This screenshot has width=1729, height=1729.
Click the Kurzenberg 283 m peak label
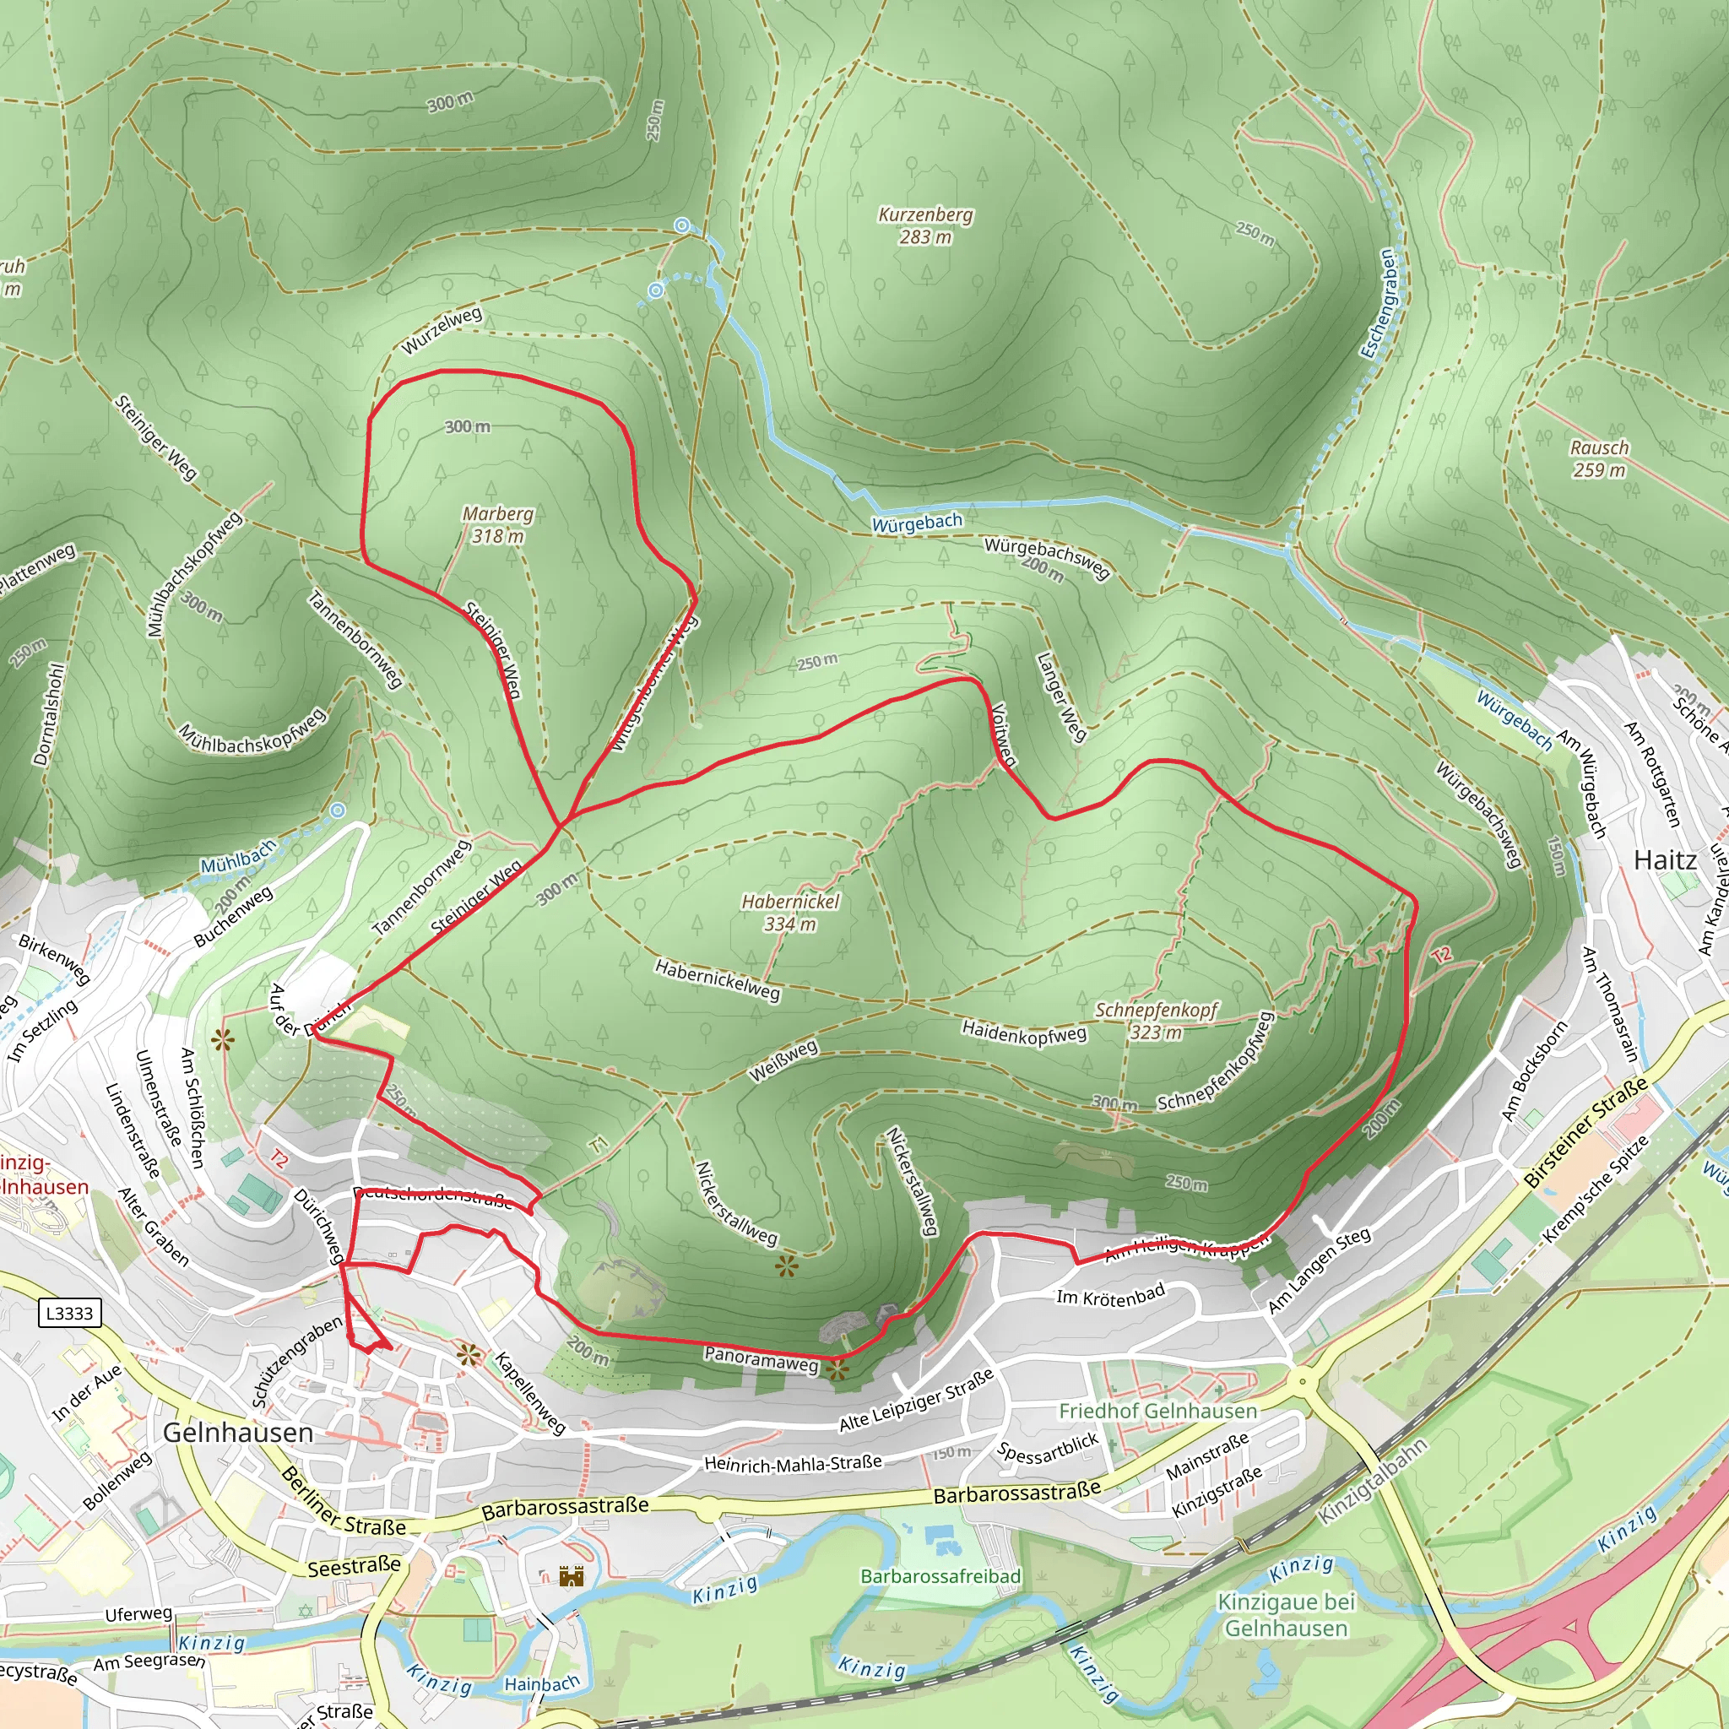[x=925, y=225]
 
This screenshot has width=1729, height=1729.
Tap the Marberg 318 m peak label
[x=497, y=525]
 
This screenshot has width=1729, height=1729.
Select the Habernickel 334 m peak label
[x=790, y=912]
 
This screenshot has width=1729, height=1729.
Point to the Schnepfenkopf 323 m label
[x=1157, y=1020]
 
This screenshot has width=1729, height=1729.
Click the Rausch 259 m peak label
[x=1599, y=458]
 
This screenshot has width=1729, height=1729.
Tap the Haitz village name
[x=1665, y=861]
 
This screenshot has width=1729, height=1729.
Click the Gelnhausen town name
[x=238, y=1433]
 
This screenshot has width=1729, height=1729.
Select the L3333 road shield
[x=70, y=1313]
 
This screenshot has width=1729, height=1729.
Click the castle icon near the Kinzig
[x=571, y=1576]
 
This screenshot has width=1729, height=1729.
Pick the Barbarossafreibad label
[x=940, y=1576]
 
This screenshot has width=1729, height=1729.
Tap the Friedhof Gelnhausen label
[x=1158, y=1412]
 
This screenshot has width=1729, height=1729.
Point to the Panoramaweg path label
[x=761, y=1358]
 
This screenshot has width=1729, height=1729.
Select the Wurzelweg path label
[x=442, y=330]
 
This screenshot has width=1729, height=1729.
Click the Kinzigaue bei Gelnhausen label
[x=1286, y=1614]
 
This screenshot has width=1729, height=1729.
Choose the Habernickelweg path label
[x=717, y=980]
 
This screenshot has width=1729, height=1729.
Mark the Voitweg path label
[x=1004, y=734]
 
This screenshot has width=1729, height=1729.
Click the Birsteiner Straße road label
[x=1585, y=1132]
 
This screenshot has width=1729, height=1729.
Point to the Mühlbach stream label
[x=237, y=859]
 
